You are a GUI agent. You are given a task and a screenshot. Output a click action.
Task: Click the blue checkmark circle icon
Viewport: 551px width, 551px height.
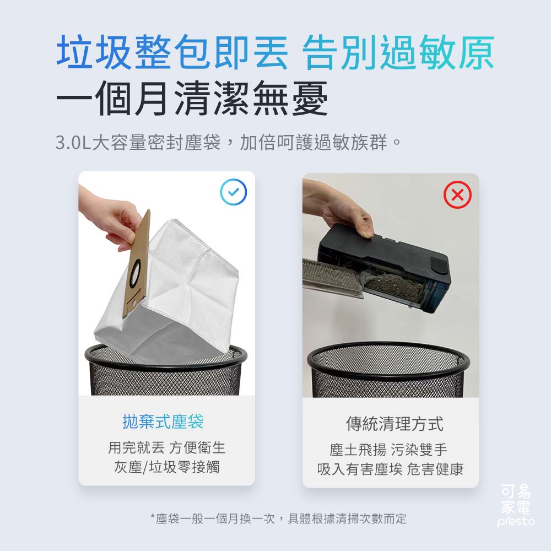tap(233, 192)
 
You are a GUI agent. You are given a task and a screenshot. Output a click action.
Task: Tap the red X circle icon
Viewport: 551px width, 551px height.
tap(457, 195)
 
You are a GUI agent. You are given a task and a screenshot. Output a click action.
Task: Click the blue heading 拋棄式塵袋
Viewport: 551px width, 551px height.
tap(163, 422)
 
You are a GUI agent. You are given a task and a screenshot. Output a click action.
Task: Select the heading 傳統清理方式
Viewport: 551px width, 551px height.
tap(394, 424)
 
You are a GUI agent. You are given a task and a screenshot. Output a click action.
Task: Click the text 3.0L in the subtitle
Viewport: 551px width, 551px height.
tap(73, 143)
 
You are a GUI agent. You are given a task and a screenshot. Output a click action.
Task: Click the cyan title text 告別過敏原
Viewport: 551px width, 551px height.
tap(398, 53)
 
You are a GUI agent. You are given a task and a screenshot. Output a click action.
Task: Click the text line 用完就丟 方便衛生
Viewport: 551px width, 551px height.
tap(166, 447)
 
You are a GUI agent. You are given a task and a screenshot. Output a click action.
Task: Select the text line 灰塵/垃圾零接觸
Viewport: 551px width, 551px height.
tap(166, 467)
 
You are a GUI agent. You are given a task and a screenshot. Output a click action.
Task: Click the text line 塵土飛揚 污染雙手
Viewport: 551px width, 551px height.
tap(388, 450)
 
